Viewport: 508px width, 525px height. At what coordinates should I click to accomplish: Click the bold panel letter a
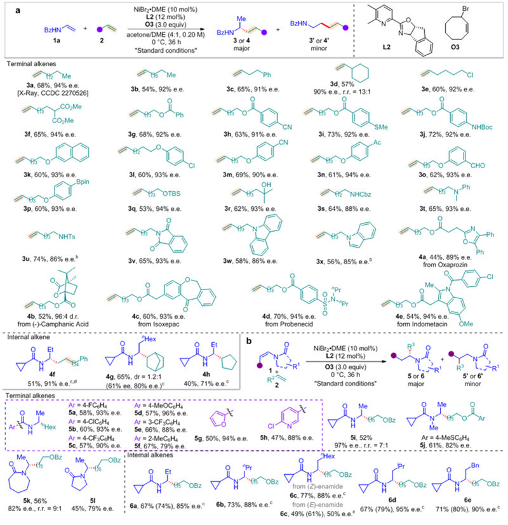pos(8,8)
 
